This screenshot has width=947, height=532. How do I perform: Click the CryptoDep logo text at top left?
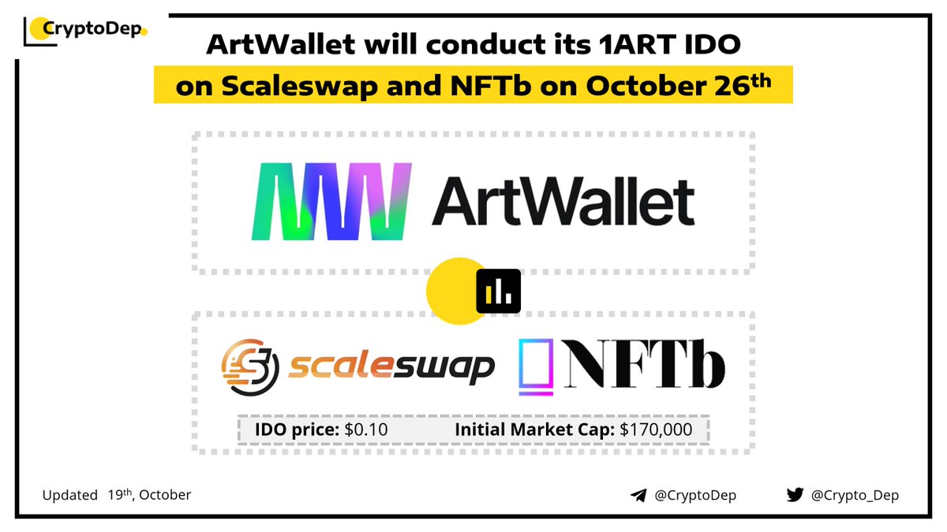91,30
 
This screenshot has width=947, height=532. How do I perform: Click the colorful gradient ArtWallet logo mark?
331,201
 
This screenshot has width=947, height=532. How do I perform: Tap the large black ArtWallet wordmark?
563,201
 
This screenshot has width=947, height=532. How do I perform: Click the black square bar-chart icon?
499,291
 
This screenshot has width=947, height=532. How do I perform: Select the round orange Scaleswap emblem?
250,366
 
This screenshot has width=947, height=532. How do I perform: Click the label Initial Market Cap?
535,430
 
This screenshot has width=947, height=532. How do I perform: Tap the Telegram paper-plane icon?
638,496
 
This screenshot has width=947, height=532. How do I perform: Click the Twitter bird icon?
794,496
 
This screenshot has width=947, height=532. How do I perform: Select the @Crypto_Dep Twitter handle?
855,496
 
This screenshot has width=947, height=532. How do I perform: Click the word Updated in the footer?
70,496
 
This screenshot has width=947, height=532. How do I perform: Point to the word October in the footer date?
165,496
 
